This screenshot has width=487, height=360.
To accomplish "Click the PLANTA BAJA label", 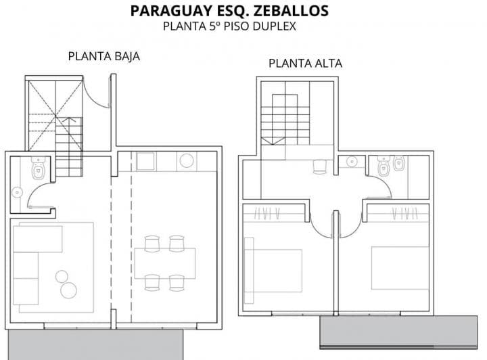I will tap(103, 57).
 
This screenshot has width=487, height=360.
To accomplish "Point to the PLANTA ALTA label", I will tap(305, 64).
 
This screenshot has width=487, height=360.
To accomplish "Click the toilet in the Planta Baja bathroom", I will tap(39, 167).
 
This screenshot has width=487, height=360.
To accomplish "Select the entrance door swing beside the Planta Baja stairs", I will tap(99, 93).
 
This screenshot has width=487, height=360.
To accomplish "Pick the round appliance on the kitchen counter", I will tap(186, 161).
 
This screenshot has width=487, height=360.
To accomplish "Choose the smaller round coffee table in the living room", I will tap(62, 275).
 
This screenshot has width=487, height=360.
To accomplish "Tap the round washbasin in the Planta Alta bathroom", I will tap(350, 162).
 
